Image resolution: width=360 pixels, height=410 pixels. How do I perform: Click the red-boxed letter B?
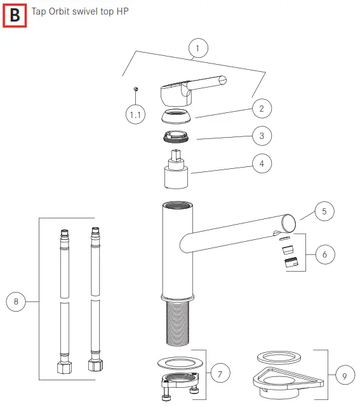15,15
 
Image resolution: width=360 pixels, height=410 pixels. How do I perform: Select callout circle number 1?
198,48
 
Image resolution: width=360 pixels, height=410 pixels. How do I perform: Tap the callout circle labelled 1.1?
135,114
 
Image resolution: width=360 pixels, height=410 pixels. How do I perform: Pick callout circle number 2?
261,109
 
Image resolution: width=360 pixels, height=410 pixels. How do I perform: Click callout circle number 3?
261,136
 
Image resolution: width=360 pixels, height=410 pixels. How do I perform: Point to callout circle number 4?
261,164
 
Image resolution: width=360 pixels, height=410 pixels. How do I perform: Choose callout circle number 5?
324,211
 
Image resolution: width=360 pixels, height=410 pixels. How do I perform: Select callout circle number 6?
324,255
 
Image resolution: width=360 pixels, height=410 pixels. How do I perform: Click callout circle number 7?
220,374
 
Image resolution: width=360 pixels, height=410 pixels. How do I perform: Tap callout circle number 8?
17,301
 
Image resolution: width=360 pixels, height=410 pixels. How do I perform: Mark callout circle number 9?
344,376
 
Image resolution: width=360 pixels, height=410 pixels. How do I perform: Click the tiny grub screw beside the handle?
135,89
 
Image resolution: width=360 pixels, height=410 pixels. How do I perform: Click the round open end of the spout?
289,222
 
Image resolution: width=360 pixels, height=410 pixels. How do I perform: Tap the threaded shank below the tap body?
177,324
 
